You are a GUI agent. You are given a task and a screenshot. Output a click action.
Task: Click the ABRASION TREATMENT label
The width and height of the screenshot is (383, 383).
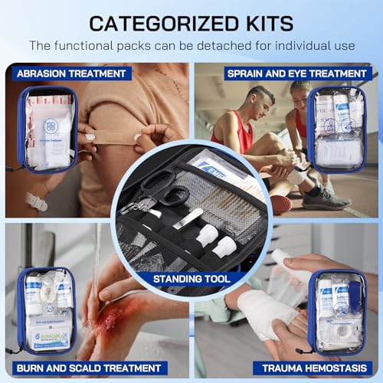pos(70,74)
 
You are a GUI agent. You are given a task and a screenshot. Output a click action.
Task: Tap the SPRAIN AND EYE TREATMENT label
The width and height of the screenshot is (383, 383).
pos(296,74)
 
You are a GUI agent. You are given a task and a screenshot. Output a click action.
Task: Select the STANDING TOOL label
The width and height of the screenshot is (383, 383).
pos(191,279)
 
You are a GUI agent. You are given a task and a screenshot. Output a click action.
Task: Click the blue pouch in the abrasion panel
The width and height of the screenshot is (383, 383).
pos(47,130)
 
